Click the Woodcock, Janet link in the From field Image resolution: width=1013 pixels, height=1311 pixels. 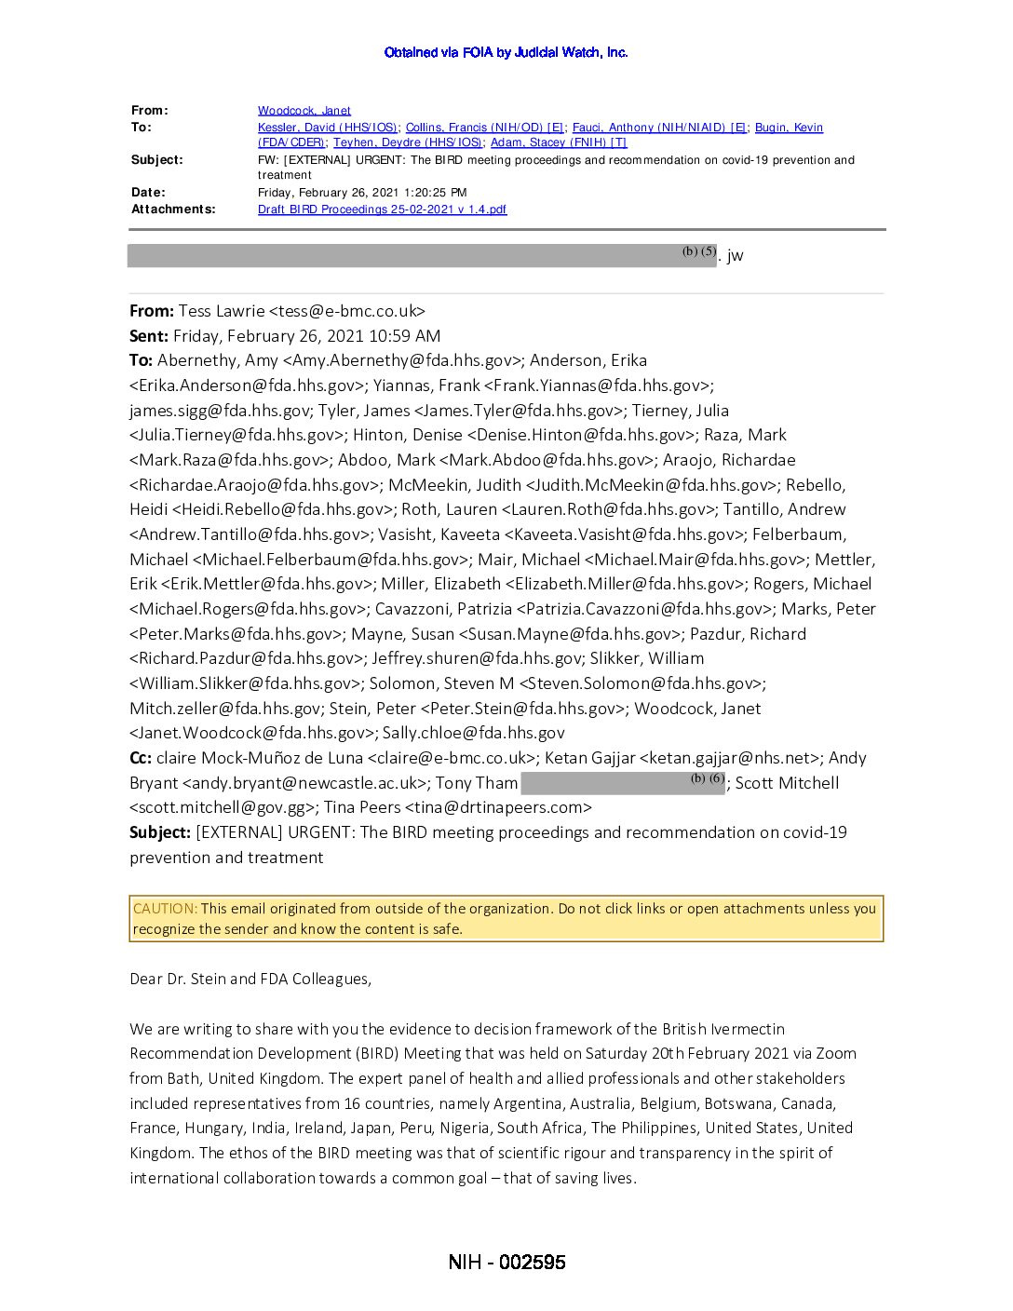point(304,111)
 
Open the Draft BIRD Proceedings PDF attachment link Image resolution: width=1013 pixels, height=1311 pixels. point(382,209)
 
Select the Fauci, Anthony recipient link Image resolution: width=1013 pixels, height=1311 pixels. point(659,128)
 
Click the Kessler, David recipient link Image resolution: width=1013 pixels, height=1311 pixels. point(328,128)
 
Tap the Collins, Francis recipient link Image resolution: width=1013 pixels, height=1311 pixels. point(485,128)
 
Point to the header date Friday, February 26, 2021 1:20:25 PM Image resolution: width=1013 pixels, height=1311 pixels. point(362,193)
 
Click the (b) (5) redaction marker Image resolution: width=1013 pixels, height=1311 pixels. point(698,251)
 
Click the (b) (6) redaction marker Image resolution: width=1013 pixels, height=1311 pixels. point(707,778)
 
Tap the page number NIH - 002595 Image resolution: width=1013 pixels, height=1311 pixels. point(506,1263)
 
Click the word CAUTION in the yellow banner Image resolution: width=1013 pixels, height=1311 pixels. point(165,909)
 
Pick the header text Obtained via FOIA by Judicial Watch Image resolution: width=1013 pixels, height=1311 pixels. point(506,52)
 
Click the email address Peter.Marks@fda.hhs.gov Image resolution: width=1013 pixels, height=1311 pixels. point(236,634)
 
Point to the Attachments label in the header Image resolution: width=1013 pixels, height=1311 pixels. point(173,209)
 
